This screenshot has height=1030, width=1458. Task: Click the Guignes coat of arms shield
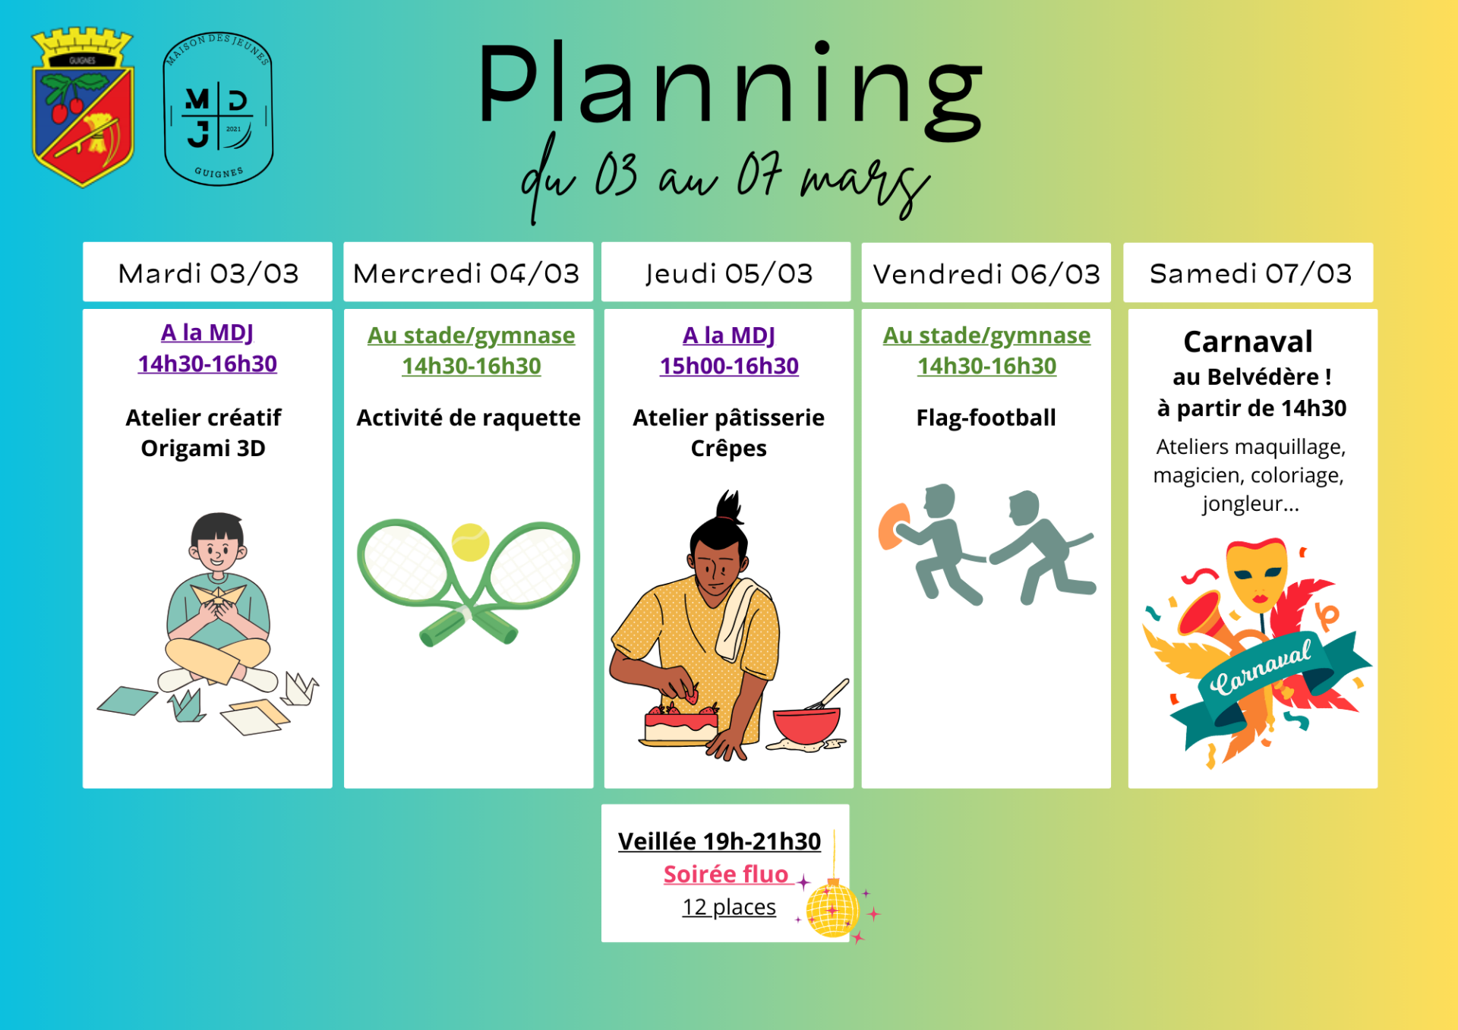[83, 107]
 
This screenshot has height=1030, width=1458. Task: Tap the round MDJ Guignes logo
[219, 109]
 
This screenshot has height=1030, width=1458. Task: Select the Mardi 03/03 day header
[207, 272]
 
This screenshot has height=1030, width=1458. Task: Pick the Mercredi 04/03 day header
[468, 272]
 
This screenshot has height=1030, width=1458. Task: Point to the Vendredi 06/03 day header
[986, 273]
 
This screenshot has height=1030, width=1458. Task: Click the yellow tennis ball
[470, 542]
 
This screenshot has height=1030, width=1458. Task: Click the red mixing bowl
[806, 725]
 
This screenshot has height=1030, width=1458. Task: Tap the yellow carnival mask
[1257, 574]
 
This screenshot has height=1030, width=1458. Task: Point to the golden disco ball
[832, 909]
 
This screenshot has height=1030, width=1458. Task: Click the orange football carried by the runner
[892, 524]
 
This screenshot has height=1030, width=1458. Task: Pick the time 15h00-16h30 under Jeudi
[729, 366]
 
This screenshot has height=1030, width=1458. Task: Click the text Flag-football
[986, 417]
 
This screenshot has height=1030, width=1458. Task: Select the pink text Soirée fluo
[726, 874]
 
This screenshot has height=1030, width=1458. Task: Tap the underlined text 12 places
[729, 907]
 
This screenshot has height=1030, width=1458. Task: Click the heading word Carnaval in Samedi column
[1248, 342]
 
